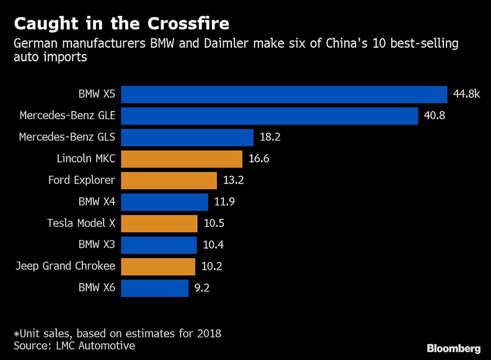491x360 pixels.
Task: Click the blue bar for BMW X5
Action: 284,94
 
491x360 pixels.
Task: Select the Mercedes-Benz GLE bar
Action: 269,116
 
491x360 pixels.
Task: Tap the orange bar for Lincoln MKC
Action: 181,159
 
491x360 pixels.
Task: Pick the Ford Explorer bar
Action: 169,180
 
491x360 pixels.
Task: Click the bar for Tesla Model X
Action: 159,224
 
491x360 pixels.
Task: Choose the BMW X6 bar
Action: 154,288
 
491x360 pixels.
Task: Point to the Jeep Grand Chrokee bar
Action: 158,266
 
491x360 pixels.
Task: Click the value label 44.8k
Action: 466,94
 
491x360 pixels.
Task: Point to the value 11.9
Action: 224,202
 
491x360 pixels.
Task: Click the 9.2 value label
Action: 201,288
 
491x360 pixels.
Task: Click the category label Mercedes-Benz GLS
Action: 68,138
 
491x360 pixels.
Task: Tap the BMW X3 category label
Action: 97,245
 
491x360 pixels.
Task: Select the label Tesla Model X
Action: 81,224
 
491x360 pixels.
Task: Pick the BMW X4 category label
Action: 97,202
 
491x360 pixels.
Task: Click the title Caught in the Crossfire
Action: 122,24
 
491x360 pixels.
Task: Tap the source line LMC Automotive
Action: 74,346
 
